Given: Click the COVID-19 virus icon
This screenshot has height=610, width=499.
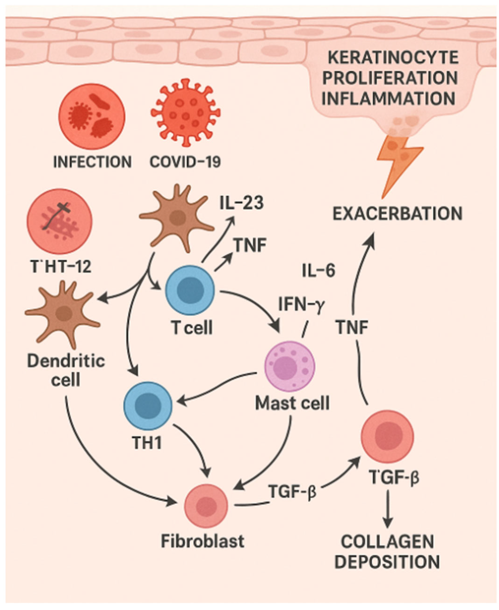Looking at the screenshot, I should pos(186,113).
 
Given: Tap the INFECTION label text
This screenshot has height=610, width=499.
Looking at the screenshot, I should pos(93,162).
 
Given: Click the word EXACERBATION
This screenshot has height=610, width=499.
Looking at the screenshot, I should pos(397,214).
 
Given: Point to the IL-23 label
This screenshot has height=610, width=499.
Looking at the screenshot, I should pos(242,203).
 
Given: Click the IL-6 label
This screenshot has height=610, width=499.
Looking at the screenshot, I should pos(318,271).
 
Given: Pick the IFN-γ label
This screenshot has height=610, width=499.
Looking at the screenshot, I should pos(301,305).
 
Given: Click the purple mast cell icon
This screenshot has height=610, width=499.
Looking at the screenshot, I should pos(289,366).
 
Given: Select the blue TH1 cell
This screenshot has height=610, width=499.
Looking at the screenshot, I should pos(148,405).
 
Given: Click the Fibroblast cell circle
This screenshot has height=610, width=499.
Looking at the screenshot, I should pos(206,506).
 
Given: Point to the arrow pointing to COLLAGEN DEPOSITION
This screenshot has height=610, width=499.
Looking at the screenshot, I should pos(388,508).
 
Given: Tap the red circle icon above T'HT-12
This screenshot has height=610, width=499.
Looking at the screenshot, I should pos(59,221).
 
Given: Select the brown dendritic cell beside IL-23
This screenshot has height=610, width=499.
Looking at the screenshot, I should pos(177,218).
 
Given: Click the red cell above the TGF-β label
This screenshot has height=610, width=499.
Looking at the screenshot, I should pos(387,436).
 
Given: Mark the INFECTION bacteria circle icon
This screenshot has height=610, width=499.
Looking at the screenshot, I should pos(92,116).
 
